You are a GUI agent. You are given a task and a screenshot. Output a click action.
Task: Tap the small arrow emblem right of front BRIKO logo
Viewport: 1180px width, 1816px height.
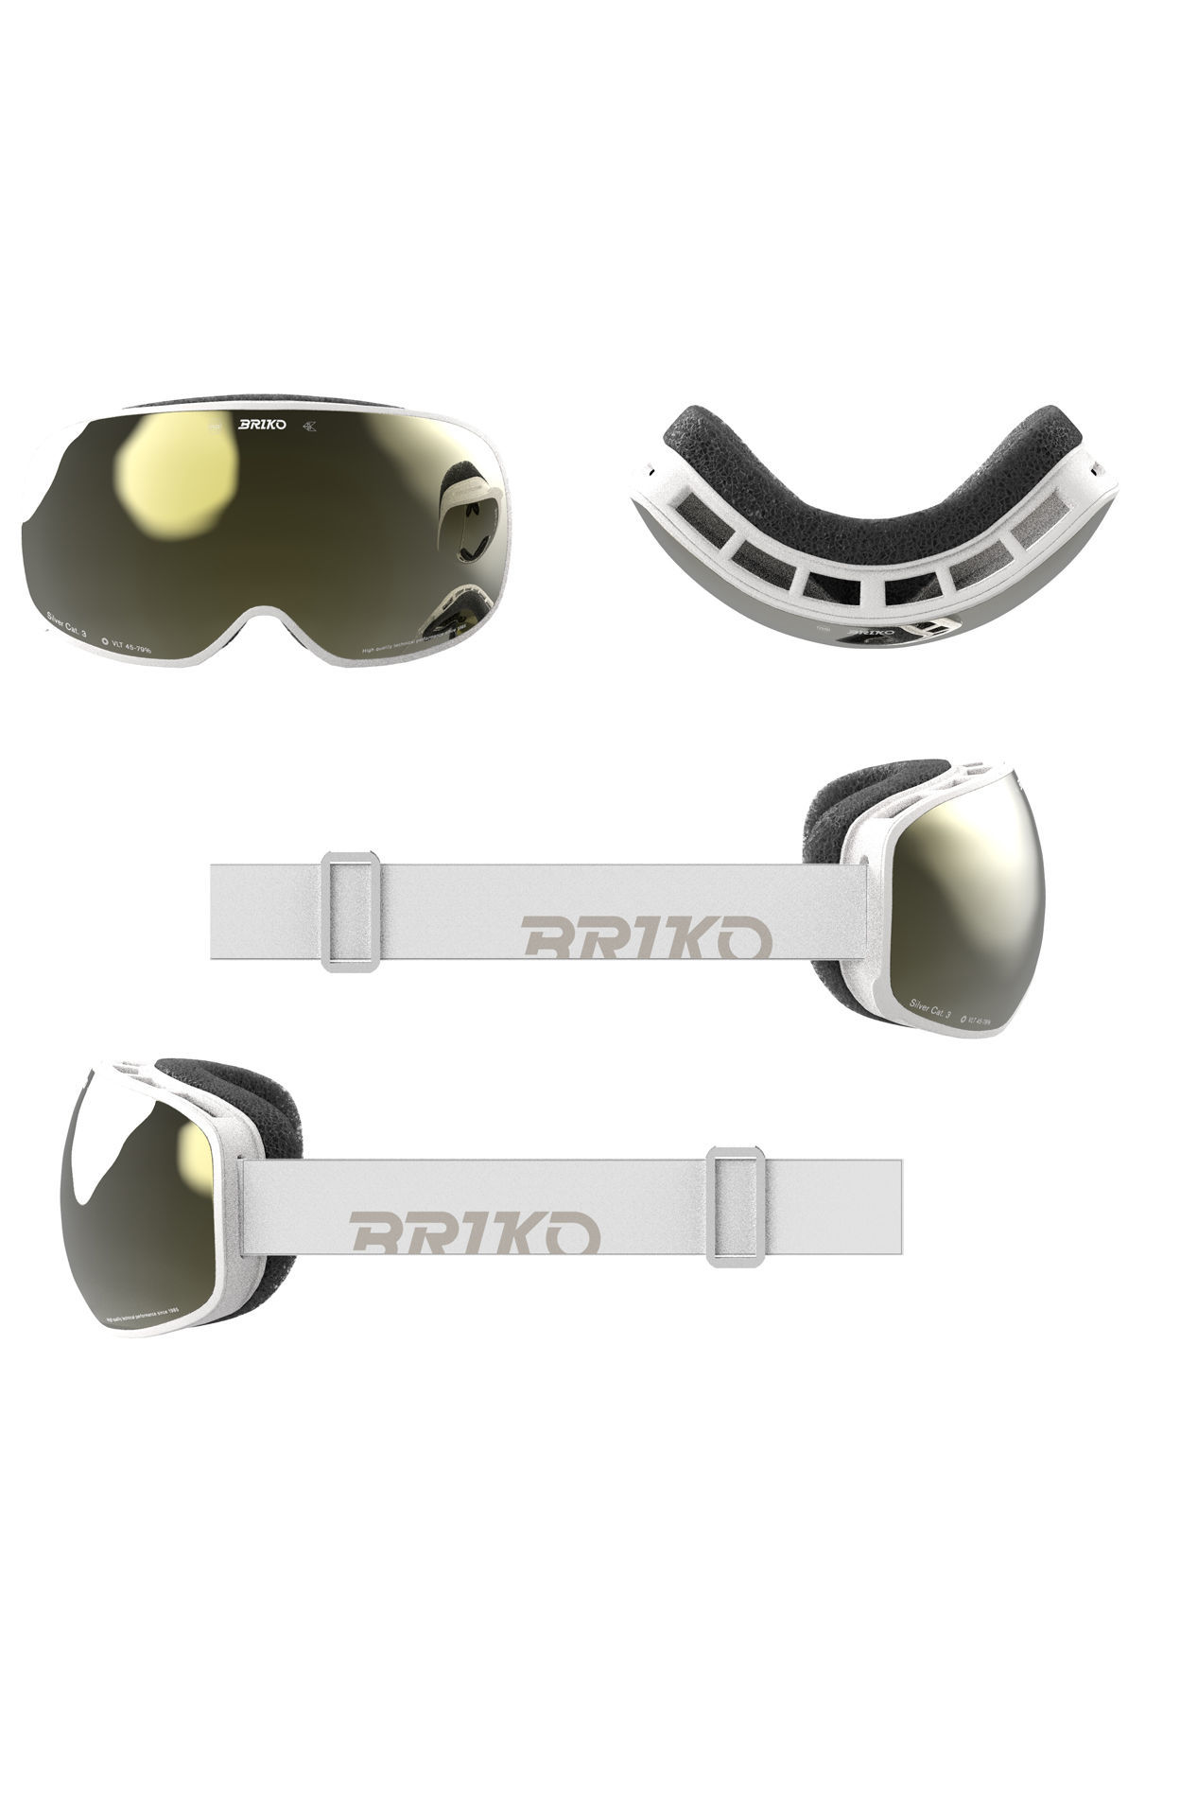coord(310,425)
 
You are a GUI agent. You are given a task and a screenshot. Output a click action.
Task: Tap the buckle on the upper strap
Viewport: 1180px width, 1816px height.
coord(351,910)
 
